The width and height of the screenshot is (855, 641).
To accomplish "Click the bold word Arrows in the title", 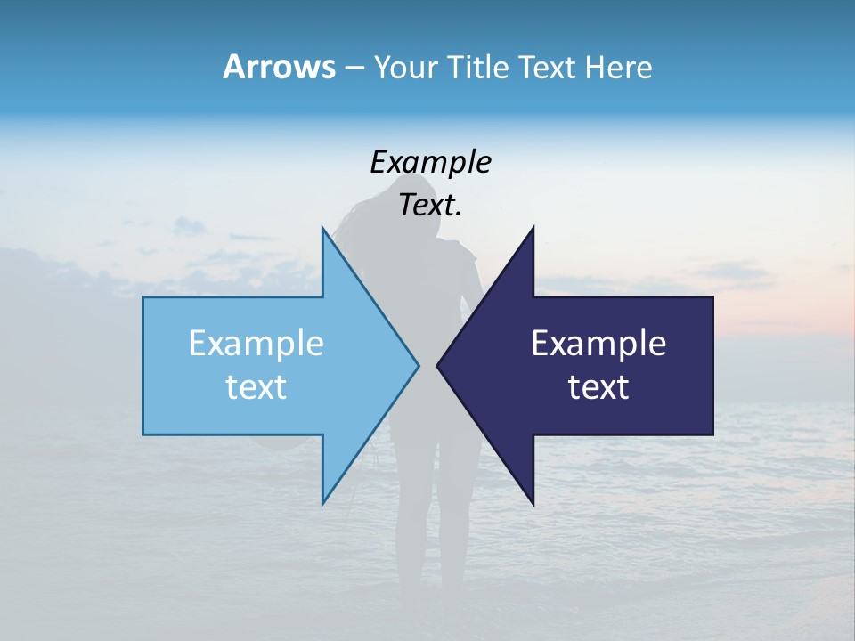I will point(279,67).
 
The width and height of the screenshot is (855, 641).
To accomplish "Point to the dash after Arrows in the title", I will point(354,68).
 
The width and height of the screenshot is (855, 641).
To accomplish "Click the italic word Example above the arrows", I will point(430,163).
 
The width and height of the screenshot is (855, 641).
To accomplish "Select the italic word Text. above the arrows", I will point(430,206).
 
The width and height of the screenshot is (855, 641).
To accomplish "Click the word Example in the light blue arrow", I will point(256,344).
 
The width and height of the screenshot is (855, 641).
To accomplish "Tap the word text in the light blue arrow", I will point(256,387).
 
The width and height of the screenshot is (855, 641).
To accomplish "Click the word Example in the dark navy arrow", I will point(598,344).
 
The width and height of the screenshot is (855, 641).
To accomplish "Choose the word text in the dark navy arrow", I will point(598,387).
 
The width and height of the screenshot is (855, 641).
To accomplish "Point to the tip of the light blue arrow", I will point(418,364).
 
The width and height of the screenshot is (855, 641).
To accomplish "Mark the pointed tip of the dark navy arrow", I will point(437,364).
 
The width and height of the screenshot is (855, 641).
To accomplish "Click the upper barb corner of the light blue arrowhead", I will point(322,228).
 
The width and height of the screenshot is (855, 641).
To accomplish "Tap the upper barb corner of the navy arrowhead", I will point(533,228).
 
